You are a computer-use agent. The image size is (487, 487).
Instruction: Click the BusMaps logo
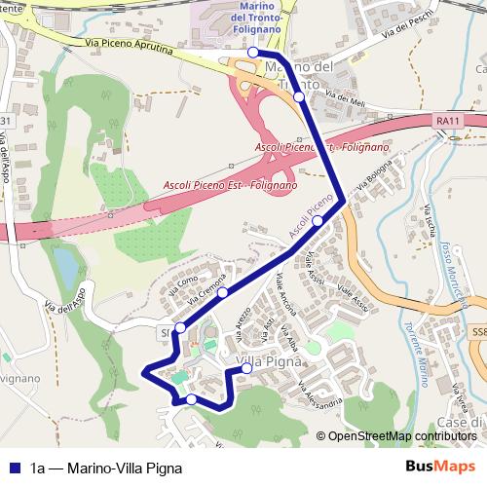click(x=440, y=467)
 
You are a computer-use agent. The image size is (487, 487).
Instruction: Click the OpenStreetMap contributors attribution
click(x=401, y=436)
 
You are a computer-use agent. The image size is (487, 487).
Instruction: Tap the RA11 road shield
click(x=447, y=121)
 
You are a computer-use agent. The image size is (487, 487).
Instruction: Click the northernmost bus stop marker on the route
click(x=252, y=52)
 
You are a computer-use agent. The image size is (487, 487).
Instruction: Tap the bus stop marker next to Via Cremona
click(x=223, y=292)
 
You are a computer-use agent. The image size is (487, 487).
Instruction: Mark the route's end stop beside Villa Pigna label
click(x=246, y=368)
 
